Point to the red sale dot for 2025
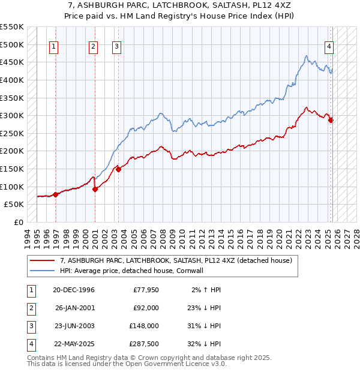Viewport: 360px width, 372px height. (x=331, y=120)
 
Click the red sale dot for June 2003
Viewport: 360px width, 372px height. (x=119, y=169)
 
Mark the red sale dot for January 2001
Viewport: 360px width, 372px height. (x=95, y=189)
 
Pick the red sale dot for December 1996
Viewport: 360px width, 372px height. (x=55, y=194)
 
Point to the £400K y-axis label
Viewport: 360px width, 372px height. (x=12, y=80)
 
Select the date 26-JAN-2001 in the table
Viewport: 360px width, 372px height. (x=73, y=308)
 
